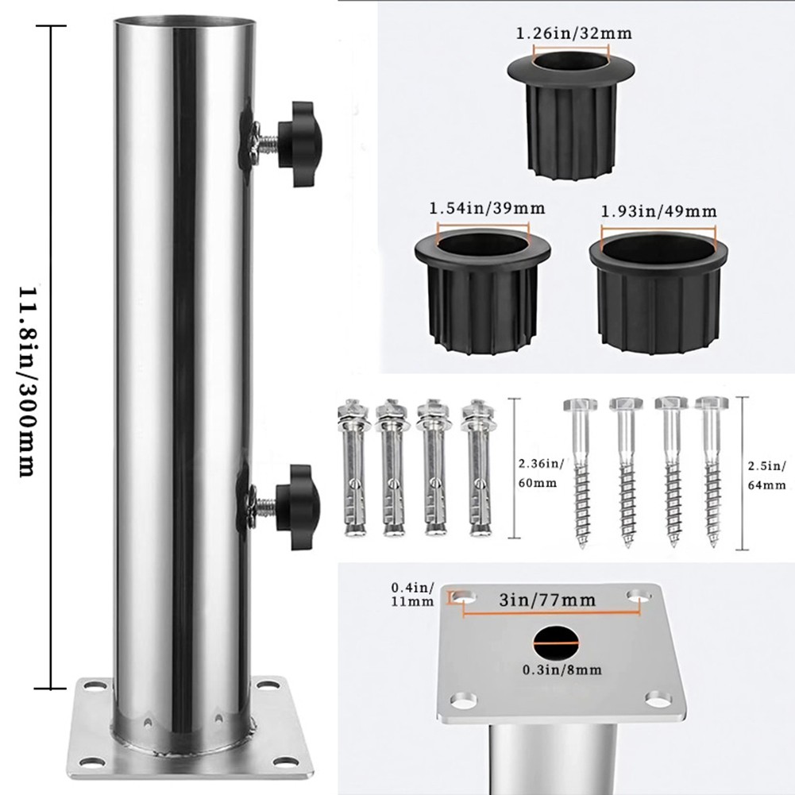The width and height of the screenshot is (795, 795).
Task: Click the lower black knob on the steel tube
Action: (x=298, y=507)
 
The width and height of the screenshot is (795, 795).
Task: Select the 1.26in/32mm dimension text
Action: (x=573, y=33)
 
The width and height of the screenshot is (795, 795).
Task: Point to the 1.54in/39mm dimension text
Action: (x=487, y=208)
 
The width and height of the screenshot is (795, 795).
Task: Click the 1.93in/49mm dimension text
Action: (x=658, y=211)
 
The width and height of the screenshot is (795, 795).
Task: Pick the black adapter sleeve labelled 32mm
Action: (x=571, y=114)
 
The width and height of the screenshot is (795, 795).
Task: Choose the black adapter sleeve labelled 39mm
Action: (x=482, y=290)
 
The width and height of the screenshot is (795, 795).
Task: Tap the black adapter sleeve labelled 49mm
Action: (x=658, y=294)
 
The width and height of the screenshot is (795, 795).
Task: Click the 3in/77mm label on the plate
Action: (x=547, y=600)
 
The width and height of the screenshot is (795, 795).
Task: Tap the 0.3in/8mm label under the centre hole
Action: (x=562, y=670)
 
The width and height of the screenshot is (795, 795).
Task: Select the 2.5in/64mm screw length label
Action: (x=766, y=475)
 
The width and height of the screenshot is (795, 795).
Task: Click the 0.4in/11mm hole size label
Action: (x=412, y=595)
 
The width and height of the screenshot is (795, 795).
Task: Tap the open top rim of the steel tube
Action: (x=183, y=21)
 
